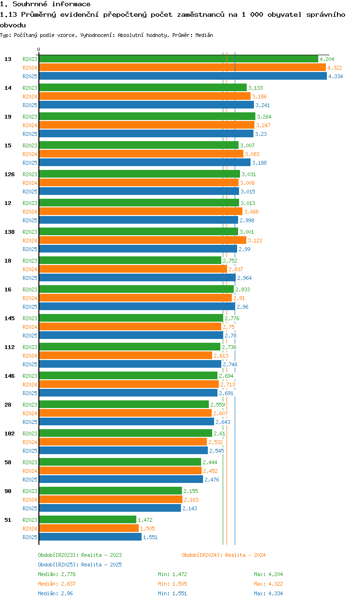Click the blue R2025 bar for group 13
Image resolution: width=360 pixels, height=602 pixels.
pyautogui.click(x=182, y=76)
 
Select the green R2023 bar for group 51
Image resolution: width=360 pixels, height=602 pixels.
pyautogui.click(x=87, y=520)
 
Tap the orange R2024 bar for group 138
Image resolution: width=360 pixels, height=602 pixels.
pyautogui.click(x=142, y=241)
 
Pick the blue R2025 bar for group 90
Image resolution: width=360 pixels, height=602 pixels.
pyautogui.click(x=109, y=508)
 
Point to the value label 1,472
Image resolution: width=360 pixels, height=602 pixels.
pyautogui.click(x=145, y=520)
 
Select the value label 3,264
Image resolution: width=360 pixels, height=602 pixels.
pyautogui.click(x=264, y=117)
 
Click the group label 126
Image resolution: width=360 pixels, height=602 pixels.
pyautogui.click(x=9, y=174)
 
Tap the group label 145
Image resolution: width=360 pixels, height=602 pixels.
pyautogui.click(x=9, y=318)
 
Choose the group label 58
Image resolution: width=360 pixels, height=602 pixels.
pyautogui.click(x=8, y=462)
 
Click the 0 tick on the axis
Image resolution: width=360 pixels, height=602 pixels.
pyautogui.click(x=39, y=49)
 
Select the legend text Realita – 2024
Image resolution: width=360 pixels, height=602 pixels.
pyautogui.click(x=245, y=555)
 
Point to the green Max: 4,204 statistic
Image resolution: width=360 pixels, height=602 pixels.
pyautogui.click(x=268, y=574)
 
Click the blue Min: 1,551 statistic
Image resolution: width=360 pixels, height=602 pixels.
pyautogui.click(x=172, y=593)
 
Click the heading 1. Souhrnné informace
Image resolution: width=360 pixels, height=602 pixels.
pyautogui.click(x=45, y=4)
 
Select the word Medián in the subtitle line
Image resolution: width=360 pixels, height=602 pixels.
pyautogui.click(x=205, y=36)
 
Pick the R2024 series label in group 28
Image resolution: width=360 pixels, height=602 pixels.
pyautogui.click(x=30, y=413)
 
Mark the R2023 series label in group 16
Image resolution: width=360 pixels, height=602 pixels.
pyautogui.click(x=30, y=289)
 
